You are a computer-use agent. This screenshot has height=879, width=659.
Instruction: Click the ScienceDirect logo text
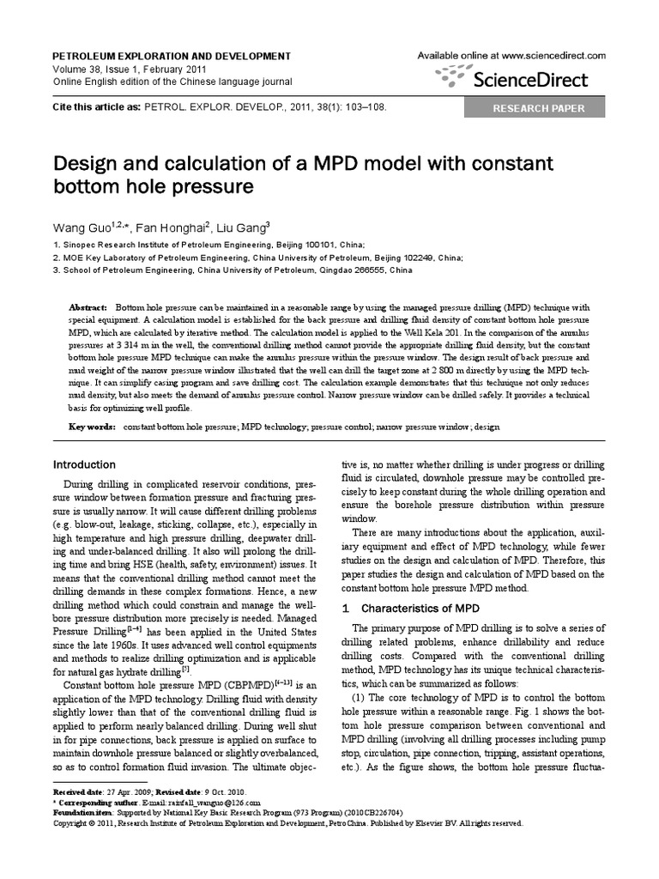[531, 80]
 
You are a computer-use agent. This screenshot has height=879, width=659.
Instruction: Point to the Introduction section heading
[84, 464]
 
